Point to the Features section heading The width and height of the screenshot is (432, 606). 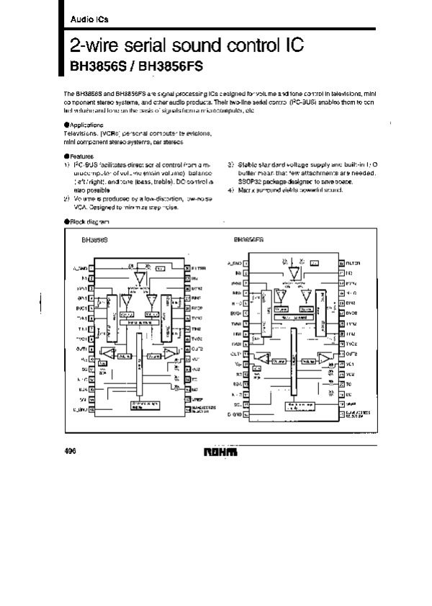81,156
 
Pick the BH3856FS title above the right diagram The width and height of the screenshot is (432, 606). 248,241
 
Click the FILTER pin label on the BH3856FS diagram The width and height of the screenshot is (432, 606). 352,264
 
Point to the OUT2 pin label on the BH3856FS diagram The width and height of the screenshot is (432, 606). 351,354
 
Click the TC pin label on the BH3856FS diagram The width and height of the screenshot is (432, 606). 348,384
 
